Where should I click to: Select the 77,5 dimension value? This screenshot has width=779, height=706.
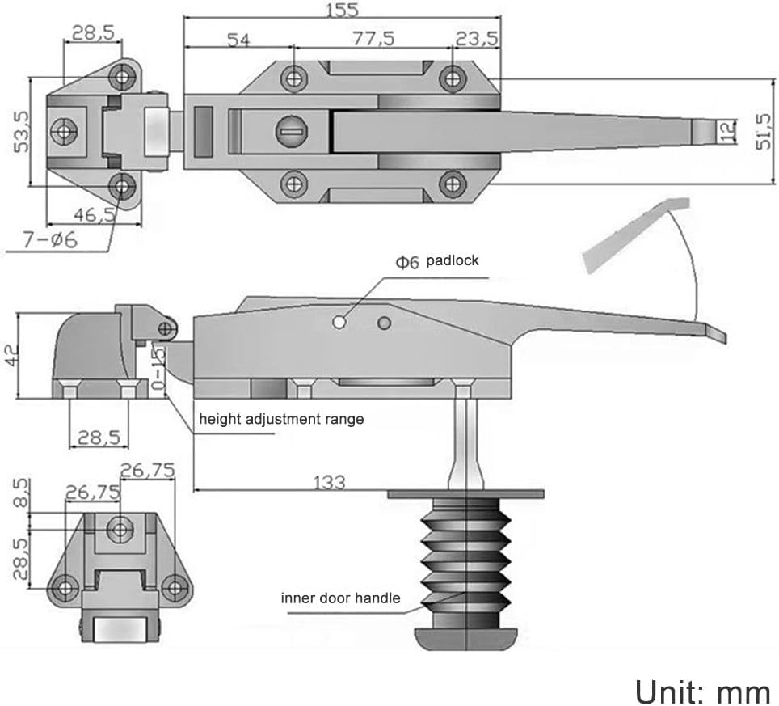click(373, 39)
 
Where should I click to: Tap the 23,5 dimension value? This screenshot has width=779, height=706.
click(477, 39)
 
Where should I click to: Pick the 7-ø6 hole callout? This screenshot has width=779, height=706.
click(48, 240)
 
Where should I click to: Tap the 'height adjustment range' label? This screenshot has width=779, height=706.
click(281, 419)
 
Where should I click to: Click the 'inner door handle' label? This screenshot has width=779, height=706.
click(340, 598)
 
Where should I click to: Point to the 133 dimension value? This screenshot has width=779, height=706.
click(328, 482)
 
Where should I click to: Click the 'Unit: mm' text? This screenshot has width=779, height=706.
click(702, 693)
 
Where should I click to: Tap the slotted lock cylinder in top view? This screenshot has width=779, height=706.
click(288, 130)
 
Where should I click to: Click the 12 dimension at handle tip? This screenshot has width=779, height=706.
click(727, 130)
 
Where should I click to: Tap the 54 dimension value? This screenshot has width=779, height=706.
click(238, 39)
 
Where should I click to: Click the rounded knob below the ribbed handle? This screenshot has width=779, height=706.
click(466, 636)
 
